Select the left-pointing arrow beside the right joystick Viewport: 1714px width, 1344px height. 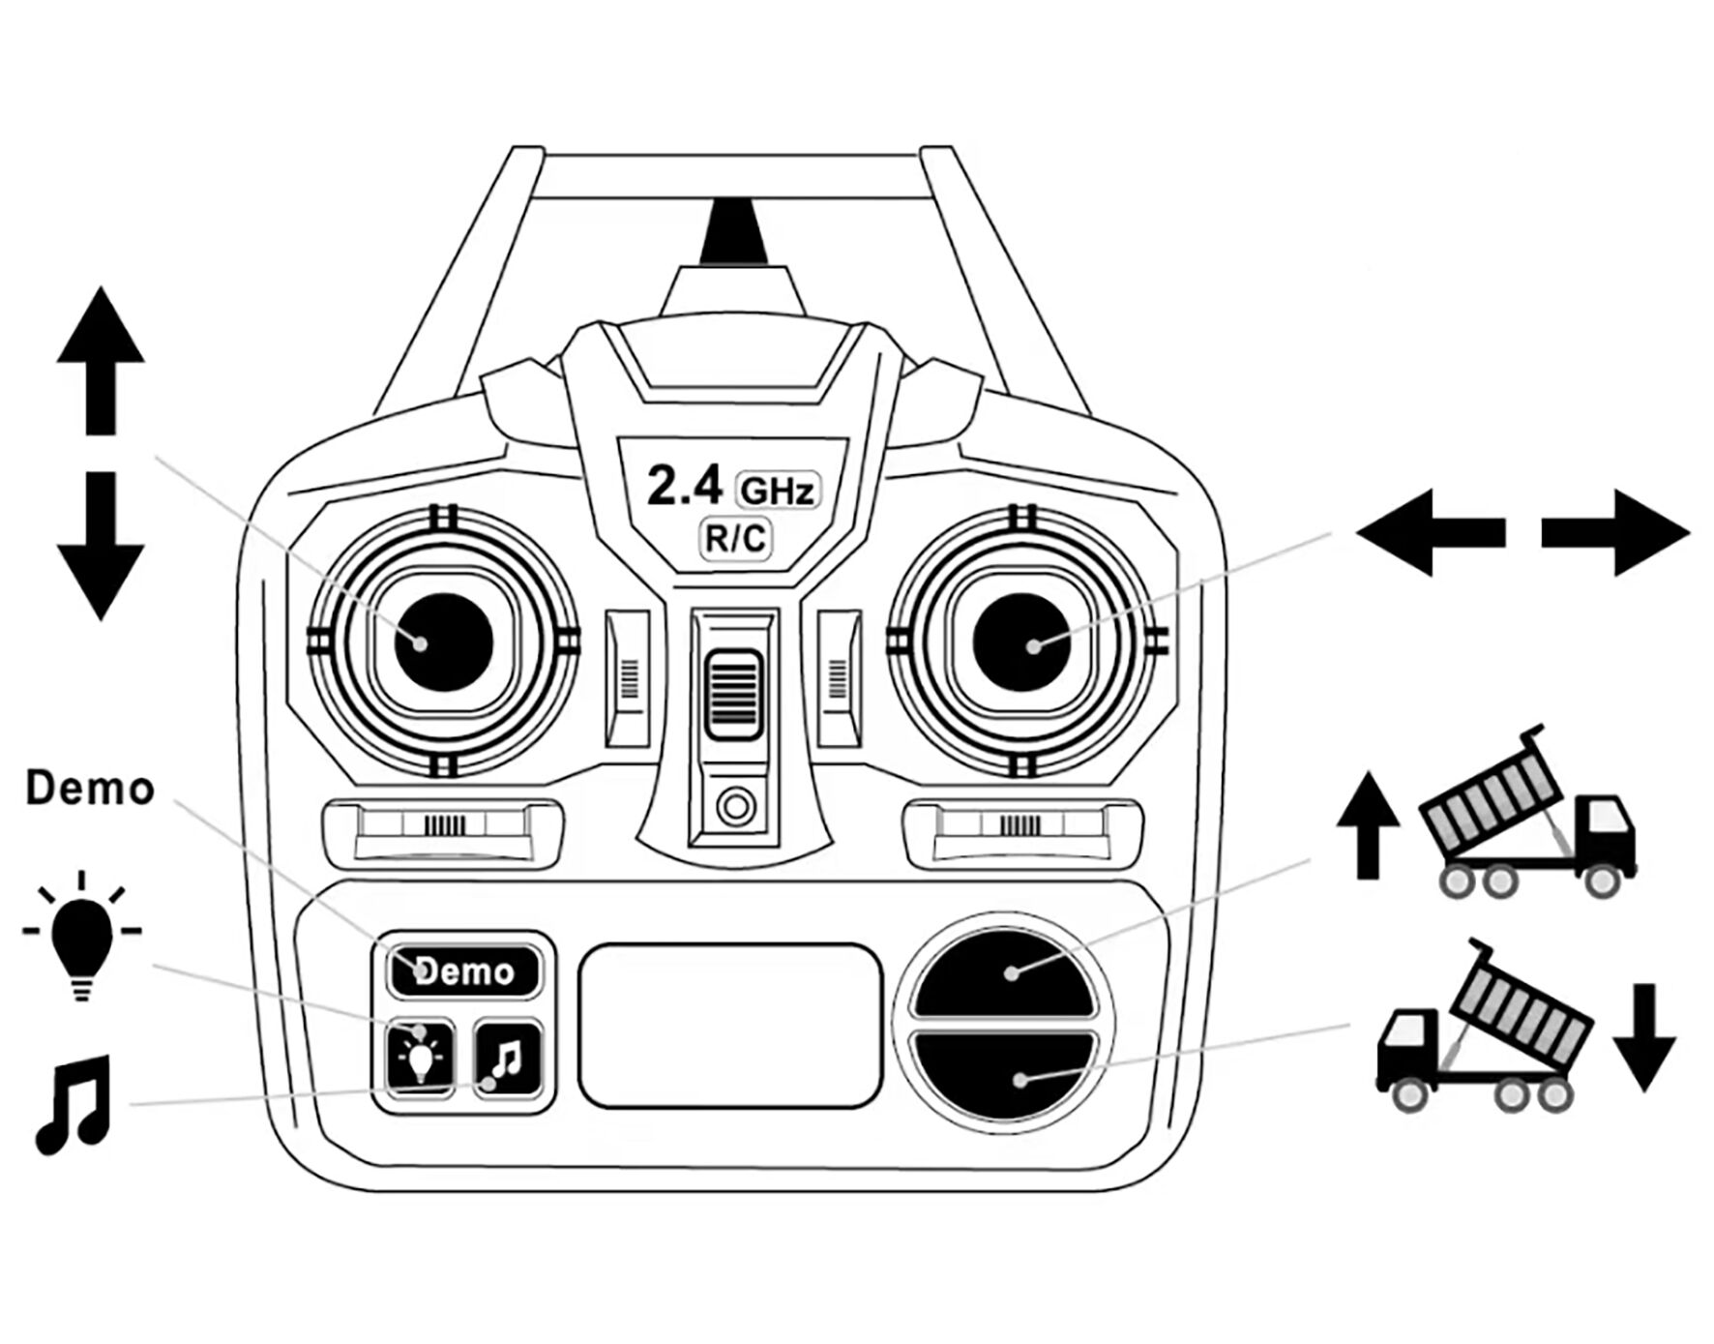point(1431,532)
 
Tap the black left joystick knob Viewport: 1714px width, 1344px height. point(444,642)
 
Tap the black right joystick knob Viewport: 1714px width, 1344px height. point(1021,642)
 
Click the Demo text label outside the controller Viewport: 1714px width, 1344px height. point(90,789)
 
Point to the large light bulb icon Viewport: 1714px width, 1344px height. point(82,937)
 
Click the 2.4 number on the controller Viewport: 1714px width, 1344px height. point(684,486)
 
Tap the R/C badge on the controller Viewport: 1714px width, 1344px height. point(735,538)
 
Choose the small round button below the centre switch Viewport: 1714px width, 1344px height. point(735,805)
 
